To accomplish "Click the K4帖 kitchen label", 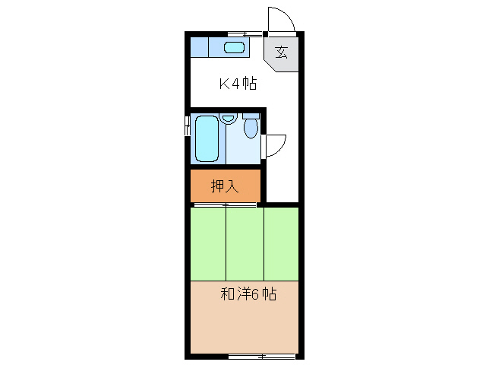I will click(x=238, y=84).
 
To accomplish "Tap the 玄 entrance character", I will click(x=281, y=52).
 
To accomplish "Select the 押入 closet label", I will click(x=226, y=185).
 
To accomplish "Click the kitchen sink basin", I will click(x=235, y=48).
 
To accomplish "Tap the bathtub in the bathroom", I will click(x=206, y=138).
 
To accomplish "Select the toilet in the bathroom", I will click(x=251, y=126).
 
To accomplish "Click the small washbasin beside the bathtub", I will click(x=228, y=119).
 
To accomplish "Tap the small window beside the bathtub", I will click(x=188, y=126).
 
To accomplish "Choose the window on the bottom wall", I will click(x=261, y=355).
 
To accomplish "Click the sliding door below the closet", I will click(x=225, y=205).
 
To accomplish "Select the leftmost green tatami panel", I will click(x=208, y=243).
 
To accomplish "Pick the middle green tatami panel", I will click(x=245, y=243).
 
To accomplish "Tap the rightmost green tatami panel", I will click(x=281, y=243).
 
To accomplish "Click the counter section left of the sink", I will click(x=198, y=47).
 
